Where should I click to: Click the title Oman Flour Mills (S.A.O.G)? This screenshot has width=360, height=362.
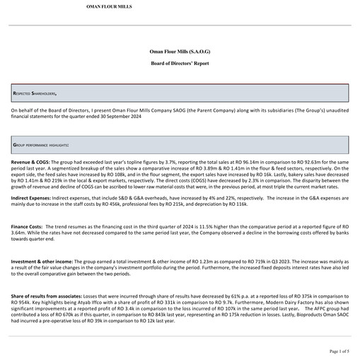[180, 52]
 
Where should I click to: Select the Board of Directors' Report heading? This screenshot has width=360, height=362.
[180, 64]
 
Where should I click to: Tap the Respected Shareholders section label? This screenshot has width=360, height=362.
[35, 93]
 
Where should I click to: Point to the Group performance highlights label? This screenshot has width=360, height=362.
[40, 144]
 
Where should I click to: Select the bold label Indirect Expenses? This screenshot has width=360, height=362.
[33, 199]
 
